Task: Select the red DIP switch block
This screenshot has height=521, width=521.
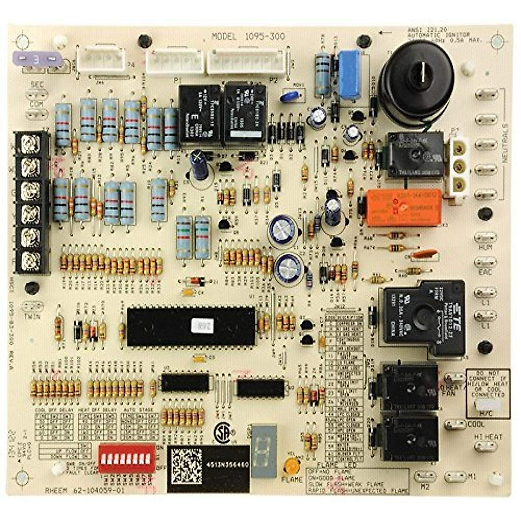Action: tap(127, 458)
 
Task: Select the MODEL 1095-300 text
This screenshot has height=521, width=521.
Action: tap(248, 36)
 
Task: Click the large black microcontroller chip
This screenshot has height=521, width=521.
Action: tap(191, 326)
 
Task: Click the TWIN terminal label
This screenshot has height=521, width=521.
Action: tap(33, 317)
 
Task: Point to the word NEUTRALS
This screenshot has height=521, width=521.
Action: tap(505, 143)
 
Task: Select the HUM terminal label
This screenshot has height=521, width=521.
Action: tap(484, 248)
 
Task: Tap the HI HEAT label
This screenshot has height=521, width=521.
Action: tap(488, 437)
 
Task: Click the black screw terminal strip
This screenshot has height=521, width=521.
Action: tap(32, 201)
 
